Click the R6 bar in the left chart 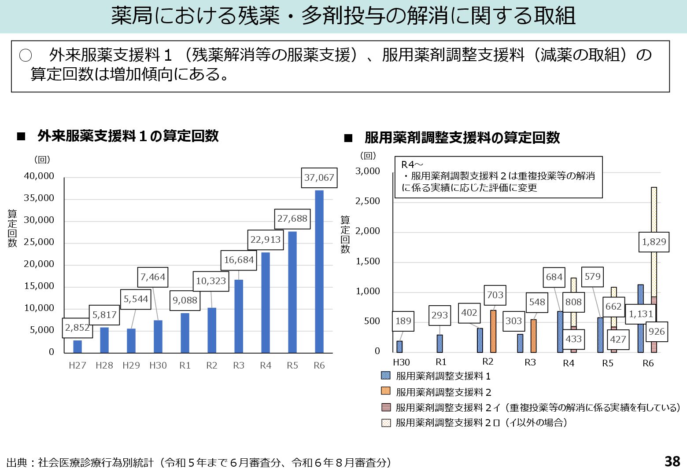[319, 272]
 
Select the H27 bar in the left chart [78, 347]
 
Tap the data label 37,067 [319, 178]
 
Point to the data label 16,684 [239, 260]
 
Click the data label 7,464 [153, 277]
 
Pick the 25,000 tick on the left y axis [39, 242]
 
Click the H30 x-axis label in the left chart [158, 365]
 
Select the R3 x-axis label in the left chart [239, 365]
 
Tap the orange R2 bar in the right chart [493, 331]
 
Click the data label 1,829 [654, 242]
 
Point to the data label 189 [403, 321]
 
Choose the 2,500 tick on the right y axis [367, 201]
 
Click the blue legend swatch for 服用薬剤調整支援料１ [386, 376]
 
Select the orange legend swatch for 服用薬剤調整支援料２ [386, 391]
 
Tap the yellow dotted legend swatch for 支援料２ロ [386, 423]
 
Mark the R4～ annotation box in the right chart [498, 177]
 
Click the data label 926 [656, 332]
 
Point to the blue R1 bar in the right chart [440, 343]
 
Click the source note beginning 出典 [199, 462]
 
